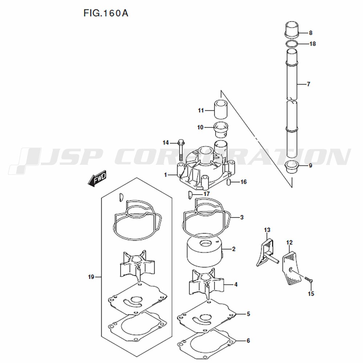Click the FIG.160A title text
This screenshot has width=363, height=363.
[106, 14]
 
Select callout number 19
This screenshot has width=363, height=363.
[91, 277]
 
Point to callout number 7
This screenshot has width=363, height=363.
[308, 84]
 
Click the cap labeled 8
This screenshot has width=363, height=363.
[291, 30]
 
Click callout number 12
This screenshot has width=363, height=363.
[289, 242]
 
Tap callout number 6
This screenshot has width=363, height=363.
[248, 341]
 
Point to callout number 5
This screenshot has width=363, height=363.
[248, 313]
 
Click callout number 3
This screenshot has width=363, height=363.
[242, 217]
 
